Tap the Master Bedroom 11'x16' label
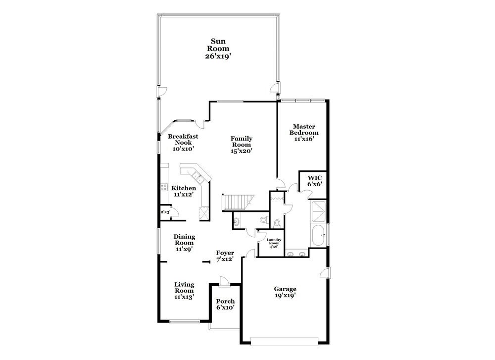pyautogui.click(x=304, y=133)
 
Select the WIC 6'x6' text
pyautogui.click(x=315, y=181)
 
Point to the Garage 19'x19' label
pyautogui.click(x=286, y=292)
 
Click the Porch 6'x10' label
pyautogui.click(x=225, y=304)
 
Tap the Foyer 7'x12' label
pyautogui.click(x=225, y=256)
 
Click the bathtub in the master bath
pyautogui.click(x=319, y=235)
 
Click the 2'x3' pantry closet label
pyautogui.click(x=165, y=212)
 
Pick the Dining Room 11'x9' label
pyautogui.click(x=184, y=243)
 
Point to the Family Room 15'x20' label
pyautogui.click(x=242, y=145)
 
